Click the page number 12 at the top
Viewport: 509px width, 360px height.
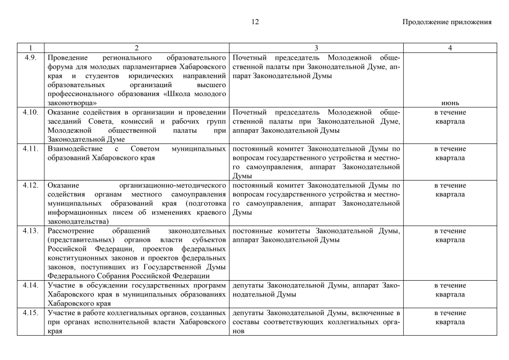point(255,22)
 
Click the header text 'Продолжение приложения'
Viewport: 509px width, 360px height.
point(447,22)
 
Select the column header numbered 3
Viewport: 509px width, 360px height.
point(316,48)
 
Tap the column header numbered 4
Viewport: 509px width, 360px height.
point(450,48)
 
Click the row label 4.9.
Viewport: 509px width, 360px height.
point(31,57)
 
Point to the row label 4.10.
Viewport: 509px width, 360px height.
point(31,112)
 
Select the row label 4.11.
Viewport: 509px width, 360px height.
point(31,148)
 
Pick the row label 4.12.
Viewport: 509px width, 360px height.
point(31,185)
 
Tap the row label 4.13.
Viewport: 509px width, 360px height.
point(31,231)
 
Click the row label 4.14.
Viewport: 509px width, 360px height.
point(31,285)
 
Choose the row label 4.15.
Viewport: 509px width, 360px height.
point(31,313)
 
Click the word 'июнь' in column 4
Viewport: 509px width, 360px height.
point(450,103)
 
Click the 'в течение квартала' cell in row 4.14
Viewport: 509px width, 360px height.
point(450,290)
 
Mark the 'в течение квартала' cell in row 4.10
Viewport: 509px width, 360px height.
point(450,116)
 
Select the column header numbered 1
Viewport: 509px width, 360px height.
point(31,48)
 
